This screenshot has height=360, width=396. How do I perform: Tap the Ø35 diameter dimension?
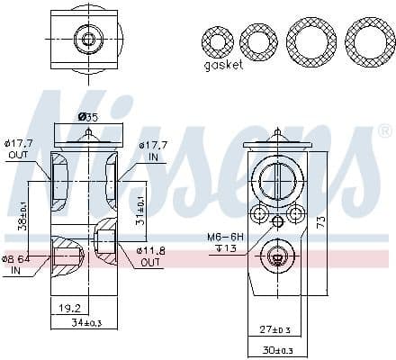pos(87,117)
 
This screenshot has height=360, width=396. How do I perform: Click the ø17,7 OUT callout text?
pos(19,147)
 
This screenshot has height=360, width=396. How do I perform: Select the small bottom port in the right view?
pos(276,256)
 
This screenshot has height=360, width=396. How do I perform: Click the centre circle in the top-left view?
pos(87,39)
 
